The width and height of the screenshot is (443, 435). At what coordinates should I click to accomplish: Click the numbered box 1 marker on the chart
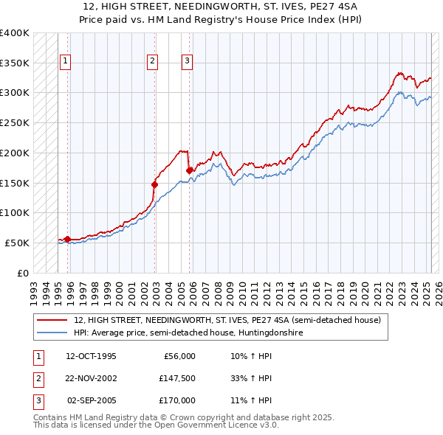(66, 62)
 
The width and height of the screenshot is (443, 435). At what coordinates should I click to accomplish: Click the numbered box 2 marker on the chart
(152, 62)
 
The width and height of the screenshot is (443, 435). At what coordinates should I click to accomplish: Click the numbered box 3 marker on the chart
(187, 62)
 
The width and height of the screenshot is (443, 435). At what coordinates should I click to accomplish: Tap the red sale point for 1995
(67, 239)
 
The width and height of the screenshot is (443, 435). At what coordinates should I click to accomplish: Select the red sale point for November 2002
(155, 184)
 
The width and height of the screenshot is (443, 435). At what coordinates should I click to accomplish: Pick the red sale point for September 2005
(190, 170)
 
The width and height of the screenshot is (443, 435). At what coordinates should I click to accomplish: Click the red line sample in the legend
(52, 321)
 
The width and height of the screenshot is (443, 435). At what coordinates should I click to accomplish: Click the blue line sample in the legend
(52, 333)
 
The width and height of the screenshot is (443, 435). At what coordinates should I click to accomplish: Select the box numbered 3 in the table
(37, 400)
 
